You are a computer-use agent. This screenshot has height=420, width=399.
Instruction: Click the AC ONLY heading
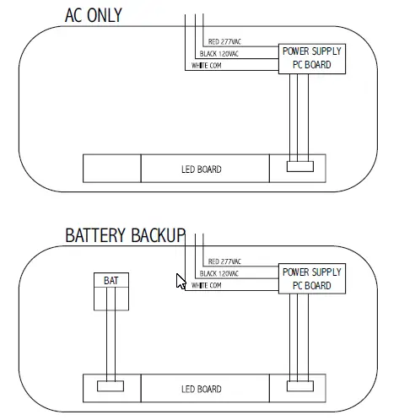(93, 15)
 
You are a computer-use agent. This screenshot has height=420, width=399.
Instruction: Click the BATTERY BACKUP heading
(125, 235)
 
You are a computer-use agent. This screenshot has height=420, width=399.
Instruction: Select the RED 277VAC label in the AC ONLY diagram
(224, 41)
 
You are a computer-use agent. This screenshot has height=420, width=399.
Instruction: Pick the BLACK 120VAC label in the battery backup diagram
(219, 274)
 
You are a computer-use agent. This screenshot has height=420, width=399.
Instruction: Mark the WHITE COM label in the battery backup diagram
(207, 286)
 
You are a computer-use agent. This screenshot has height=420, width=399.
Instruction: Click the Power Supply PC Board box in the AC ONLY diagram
(312, 58)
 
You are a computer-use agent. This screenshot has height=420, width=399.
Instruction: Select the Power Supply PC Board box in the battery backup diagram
(312, 278)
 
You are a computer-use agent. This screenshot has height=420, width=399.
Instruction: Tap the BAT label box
(111, 280)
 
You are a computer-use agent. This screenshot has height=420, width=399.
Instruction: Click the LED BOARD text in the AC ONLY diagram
(201, 170)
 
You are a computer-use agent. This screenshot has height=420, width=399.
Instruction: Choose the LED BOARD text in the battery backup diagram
(201, 389)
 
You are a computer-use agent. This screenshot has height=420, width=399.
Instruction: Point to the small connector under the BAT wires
(111, 386)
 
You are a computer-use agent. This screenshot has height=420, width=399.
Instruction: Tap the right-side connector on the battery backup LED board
(299, 387)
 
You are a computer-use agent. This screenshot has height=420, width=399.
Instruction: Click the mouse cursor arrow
(180, 281)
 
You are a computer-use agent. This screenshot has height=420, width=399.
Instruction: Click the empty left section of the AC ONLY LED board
(111, 168)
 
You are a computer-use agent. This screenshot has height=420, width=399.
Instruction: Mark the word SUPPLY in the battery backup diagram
(325, 272)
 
